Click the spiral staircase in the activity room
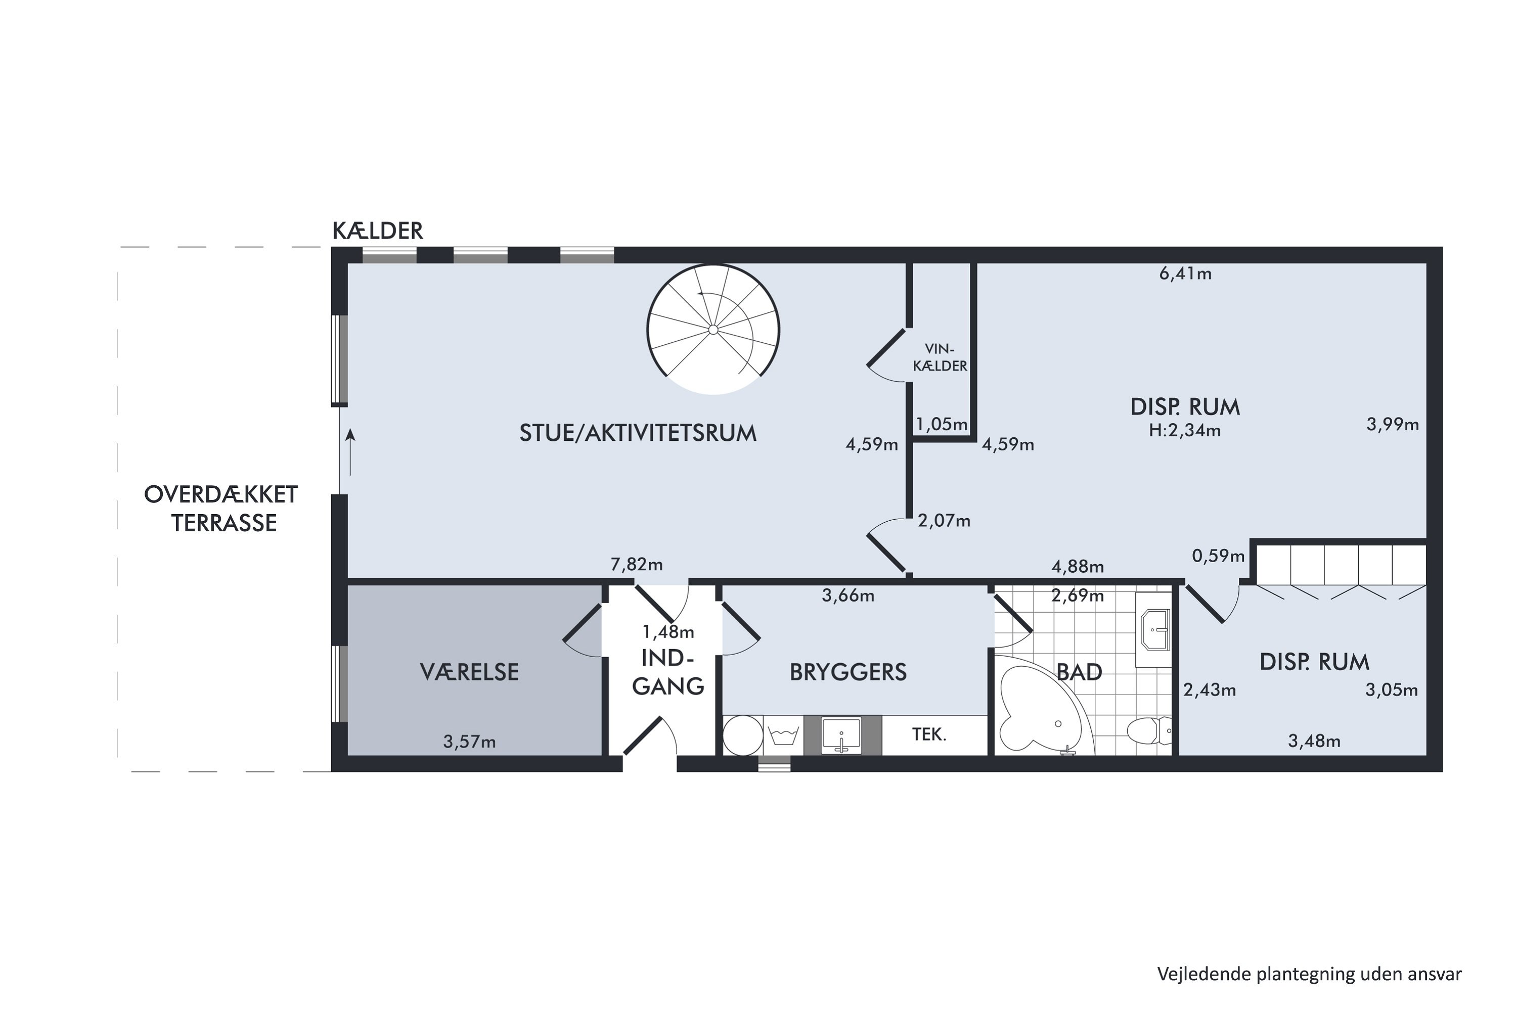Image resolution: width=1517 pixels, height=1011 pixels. [713, 330]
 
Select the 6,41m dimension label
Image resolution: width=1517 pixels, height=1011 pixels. [1185, 274]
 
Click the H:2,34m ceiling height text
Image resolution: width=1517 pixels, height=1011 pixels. [1185, 431]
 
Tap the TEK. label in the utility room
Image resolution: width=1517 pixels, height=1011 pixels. [929, 734]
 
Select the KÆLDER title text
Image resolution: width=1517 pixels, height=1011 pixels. [377, 231]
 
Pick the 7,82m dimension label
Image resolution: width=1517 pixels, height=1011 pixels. [637, 565]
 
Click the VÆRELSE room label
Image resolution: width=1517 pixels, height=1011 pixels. [470, 672]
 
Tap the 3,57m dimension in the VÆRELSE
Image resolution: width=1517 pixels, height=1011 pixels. [470, 742]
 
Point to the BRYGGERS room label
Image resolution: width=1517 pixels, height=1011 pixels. [848, 672]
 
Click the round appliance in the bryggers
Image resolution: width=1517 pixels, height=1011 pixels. [742, 735]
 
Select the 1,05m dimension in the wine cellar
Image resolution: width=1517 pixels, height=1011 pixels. [942, 424]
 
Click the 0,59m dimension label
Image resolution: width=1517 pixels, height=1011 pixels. [1218, 556]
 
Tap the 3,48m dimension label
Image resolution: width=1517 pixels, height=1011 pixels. [1314, 742]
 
